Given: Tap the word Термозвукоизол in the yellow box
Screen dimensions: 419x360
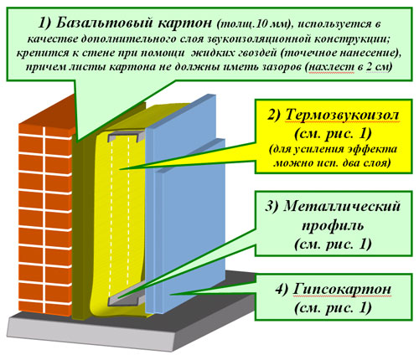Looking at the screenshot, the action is click(342, 115).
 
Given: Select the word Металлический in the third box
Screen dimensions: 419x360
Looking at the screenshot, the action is click(342, 207).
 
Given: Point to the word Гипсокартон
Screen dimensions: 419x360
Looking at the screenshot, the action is click(342, 289).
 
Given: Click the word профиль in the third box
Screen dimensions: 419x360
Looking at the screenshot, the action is click(334, 225).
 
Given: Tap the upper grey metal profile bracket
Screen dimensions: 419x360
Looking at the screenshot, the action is click(127, 136).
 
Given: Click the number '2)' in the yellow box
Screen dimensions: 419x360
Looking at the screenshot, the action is click(274, 116).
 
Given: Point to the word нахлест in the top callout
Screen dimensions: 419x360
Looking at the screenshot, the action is click(330, 68).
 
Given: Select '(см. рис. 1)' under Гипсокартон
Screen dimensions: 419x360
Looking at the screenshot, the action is click(333, 308).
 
